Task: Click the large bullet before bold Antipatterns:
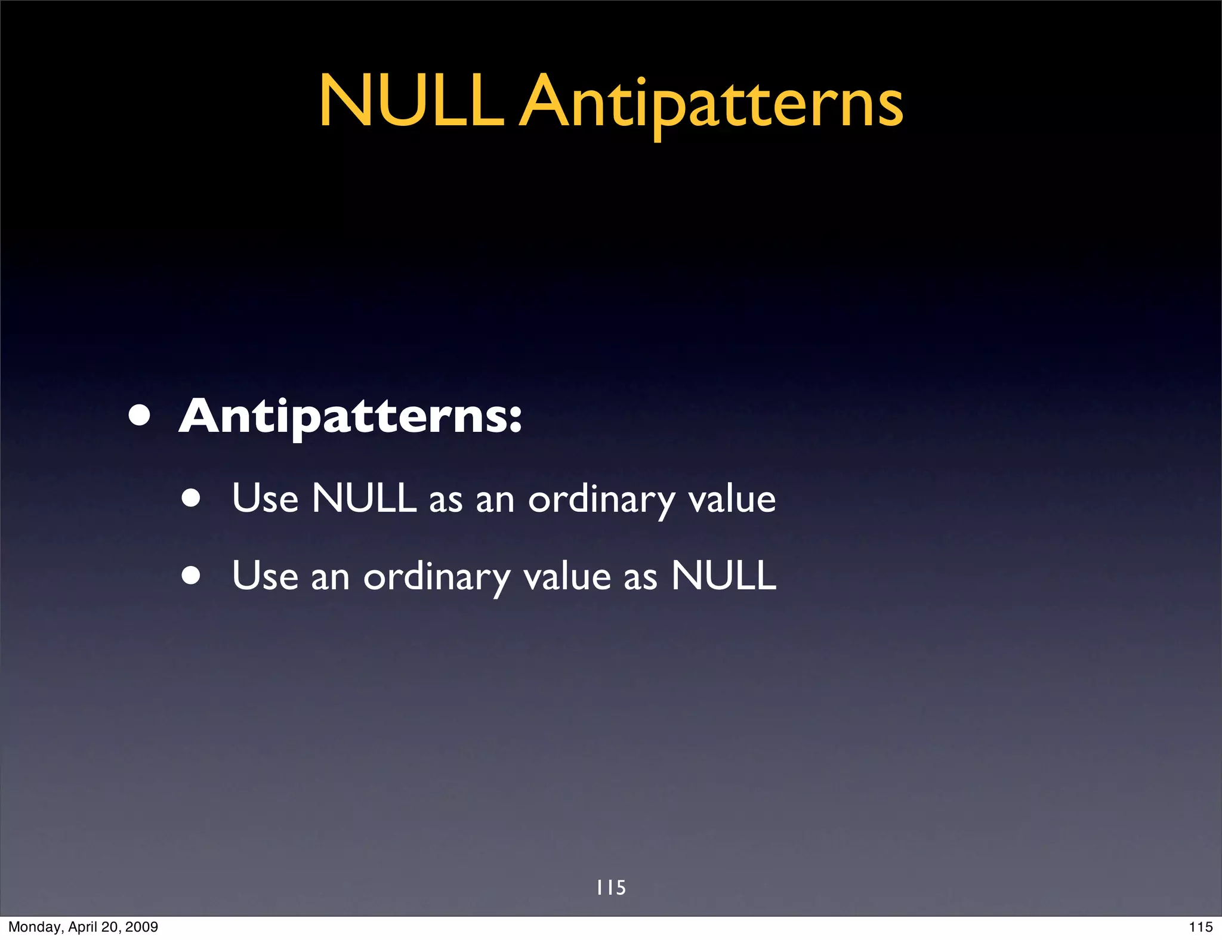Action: coord(139,416)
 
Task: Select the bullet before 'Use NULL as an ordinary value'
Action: coord(192,499)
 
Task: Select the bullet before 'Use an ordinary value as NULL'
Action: coord(192,576)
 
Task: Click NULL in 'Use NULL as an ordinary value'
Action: coord(364,498)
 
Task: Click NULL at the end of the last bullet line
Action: coord(723,576)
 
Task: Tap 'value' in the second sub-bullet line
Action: coord(567,577)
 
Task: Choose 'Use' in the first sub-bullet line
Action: coord(265,499)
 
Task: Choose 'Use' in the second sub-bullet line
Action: coord(265,576)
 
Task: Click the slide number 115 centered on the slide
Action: coord(611,888)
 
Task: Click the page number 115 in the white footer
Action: coord(1201,927)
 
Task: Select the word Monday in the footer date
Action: coord(30,927)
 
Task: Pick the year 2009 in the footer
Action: coord(142,927)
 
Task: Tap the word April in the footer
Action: coord(82,927)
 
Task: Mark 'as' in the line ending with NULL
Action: coord(640,578)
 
